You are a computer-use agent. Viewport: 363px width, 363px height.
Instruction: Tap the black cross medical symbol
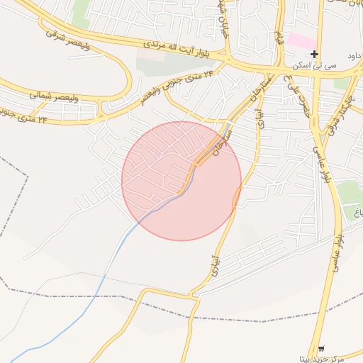click(x=314, y=54)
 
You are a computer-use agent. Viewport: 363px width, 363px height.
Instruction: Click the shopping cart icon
click(x=321, y=348)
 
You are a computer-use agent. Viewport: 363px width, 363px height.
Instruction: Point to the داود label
click(x=354, y=55)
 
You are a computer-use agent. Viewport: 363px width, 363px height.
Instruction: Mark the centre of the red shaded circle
click(x=181, y=181)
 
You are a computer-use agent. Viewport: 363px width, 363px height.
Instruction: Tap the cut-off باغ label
click(x=358, y=211)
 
